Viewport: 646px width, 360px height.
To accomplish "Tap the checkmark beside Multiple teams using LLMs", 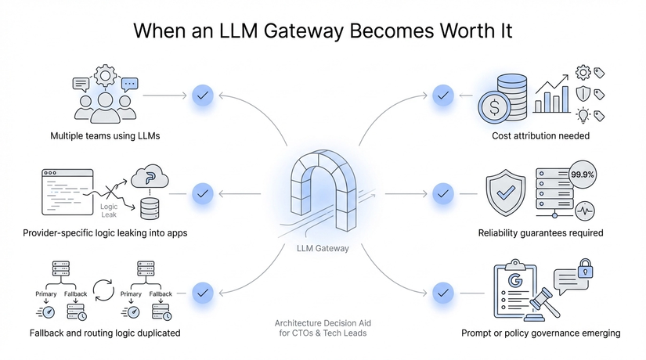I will point(203,96).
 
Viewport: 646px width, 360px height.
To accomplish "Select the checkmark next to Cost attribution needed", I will point(443,96).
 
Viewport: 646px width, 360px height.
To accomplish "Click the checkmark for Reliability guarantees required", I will point(443,193).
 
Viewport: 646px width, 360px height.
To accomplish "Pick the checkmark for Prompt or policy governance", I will point(443,292).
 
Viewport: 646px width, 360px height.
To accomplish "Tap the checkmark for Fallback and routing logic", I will point(203,292).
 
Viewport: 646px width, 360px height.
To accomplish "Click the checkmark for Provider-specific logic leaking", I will point(203,193).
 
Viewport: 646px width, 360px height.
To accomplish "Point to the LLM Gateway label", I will point(323,249).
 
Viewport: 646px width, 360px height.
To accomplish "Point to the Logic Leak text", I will point(109,211).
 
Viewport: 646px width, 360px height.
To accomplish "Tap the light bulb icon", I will point(583,115).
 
